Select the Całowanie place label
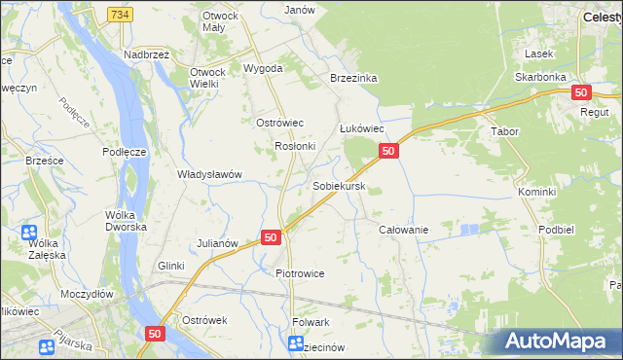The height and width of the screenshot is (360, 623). coord(403,229)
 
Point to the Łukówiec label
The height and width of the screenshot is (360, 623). coord(363,128)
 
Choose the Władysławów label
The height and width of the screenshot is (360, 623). coord(208,174)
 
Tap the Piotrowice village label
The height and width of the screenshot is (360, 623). coord(300,273)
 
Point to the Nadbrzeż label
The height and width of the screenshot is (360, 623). coord(146,54)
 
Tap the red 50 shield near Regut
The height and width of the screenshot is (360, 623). coord(581,92)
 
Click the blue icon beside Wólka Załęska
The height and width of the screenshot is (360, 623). coord(28,234)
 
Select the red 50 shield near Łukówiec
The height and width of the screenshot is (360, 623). coord(388,151)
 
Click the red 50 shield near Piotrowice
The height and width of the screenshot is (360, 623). coord(271,236)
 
